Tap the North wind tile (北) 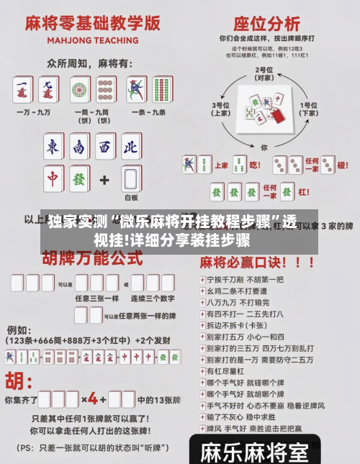coord(130,148)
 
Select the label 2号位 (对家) coord(264,73)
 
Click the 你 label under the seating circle coord(264,147)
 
